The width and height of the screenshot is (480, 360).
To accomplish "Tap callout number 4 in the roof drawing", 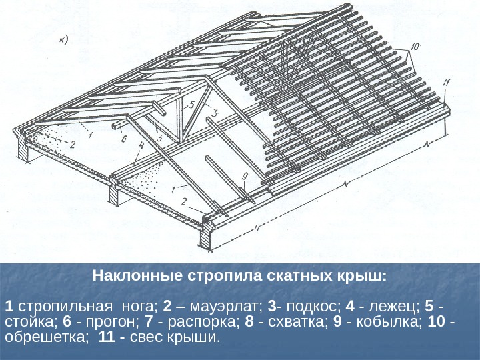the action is (x=141, y=145).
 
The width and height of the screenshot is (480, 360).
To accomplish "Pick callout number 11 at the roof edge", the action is (x=447, y=83).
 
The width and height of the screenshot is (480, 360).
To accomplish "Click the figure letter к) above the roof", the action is (x=65, y=38).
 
